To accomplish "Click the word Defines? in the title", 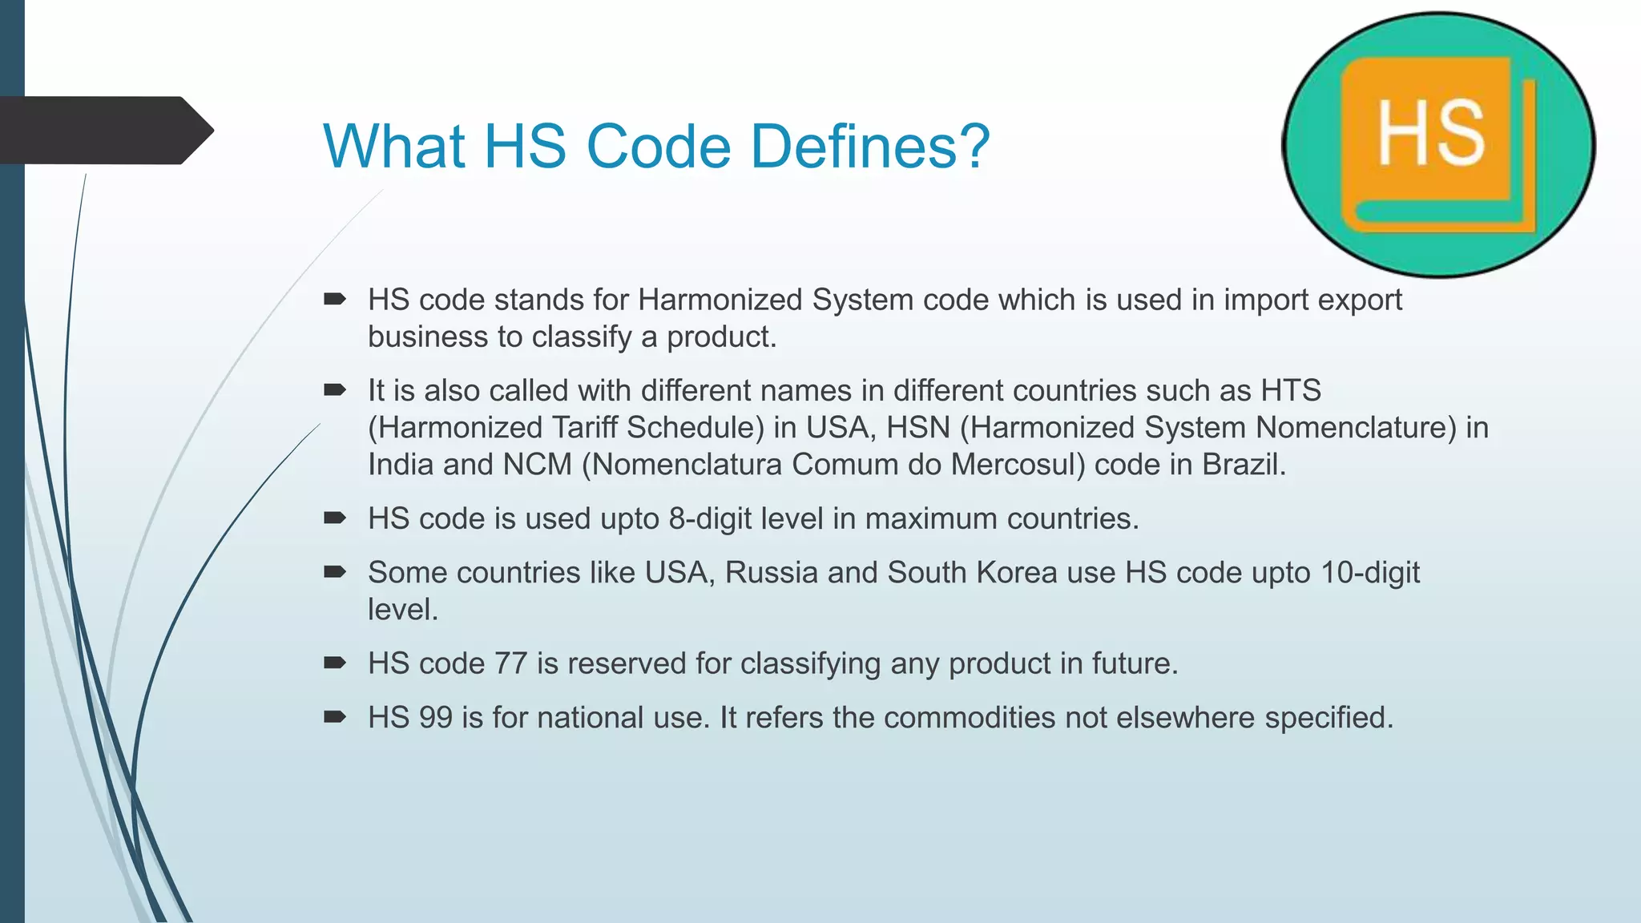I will point(871,147).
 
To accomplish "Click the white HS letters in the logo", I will point(1431,134).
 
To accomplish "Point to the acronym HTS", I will point(1291,390).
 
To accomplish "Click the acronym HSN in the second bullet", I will point(917,428).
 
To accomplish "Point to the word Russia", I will point(772,573).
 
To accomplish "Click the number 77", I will point(510,663).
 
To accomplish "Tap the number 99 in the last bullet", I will point(435,717).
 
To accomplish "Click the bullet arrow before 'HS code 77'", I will point(334,663).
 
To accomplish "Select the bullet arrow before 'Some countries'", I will point(334,572).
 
